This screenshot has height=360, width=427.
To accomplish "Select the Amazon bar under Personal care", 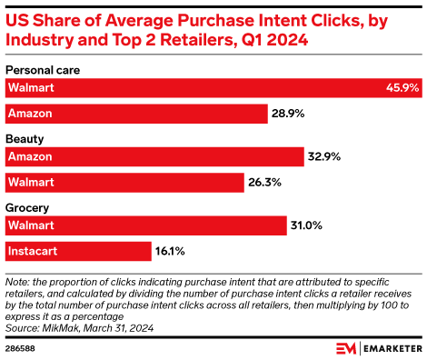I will tap(136, 114).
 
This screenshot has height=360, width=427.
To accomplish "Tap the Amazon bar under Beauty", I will tap(154, 157).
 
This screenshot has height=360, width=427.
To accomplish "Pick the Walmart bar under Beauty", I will tap(124, 183).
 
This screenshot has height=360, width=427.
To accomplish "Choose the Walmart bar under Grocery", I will tap(145, 225).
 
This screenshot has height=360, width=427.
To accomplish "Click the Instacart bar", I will tap(78, 251).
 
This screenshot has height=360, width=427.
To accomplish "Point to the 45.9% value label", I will tap(402, 88).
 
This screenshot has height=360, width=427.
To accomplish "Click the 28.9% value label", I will tap(288, 114).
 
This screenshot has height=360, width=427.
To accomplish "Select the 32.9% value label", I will tap(324, 157).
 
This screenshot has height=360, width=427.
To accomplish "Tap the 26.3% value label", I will tap(264, 183).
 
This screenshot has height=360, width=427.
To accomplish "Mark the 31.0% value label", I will tap(306, 225).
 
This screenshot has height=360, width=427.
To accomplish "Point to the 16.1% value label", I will tap(172, 251).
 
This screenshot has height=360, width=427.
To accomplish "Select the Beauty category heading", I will tap(25, 139).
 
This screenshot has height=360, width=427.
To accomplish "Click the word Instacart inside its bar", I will tap(34, 251).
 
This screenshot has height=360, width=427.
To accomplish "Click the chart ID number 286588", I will tap(20, 347).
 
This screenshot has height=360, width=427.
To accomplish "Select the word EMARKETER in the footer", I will tap(391, 347).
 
